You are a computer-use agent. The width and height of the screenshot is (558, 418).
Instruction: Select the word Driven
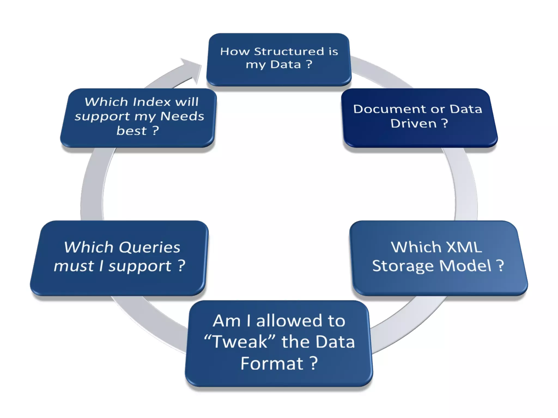413,124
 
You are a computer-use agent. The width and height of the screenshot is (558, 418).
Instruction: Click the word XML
464,247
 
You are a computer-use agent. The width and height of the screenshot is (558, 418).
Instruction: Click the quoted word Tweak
240,342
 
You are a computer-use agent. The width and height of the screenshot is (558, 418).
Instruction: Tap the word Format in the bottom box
272,363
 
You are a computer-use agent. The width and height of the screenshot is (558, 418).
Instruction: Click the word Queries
150,247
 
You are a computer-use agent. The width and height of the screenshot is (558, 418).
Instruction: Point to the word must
74,266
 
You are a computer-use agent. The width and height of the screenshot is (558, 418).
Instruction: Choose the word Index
152,102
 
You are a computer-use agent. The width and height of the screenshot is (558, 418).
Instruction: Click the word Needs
182,116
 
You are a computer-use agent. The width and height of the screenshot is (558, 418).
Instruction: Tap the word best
132,131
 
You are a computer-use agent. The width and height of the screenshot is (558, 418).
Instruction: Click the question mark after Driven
444,124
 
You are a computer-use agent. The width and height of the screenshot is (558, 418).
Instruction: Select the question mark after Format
314,363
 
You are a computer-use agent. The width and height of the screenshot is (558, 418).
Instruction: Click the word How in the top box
235,51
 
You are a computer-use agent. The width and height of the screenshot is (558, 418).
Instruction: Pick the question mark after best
155,131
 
